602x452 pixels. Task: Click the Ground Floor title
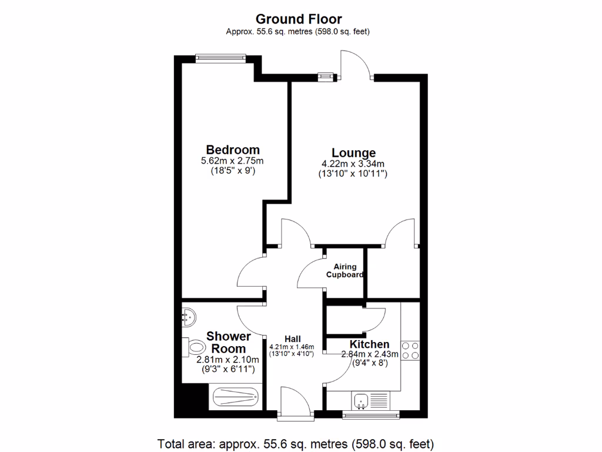[x=298, y=19]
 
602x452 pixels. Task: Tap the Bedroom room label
[x=232, y=149]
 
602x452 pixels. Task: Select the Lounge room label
[x=353, y=153]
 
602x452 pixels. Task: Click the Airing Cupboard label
[x=345, y=271]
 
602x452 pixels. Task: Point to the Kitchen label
[x=369, y=344]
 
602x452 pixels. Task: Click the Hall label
[x=293, y=339]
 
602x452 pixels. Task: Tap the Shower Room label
[x=228, y=343]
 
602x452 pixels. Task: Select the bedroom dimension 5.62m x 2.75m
[x=232, y=161]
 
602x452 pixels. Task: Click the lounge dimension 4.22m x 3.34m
[x=353, y=164]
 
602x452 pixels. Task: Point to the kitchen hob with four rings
[x=411, y=351]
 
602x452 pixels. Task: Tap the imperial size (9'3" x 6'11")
[x=228, y=370]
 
